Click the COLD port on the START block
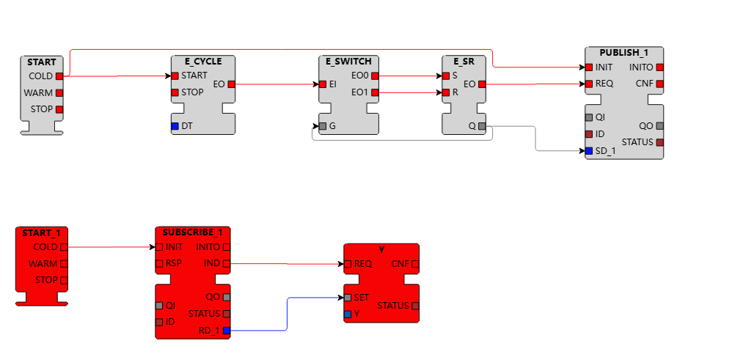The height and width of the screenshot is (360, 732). point(59,76)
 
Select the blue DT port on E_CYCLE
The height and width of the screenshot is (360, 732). point(175,126)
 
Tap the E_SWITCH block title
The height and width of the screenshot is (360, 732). point(348,61)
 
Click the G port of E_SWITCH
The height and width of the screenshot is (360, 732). point(323,126)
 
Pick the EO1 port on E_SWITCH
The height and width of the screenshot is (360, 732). point(376,92)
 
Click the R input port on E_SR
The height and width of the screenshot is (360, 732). point(445,92)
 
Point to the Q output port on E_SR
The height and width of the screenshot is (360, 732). point(481,126)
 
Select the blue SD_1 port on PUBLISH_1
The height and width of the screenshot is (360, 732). point(589,151)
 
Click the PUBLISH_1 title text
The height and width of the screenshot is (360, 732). point(623,53)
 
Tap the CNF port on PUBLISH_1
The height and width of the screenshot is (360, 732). point(659,84)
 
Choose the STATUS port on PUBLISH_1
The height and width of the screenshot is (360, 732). point(659,142)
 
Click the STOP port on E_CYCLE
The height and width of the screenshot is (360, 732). point(175,92)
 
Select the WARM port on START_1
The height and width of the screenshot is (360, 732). point(63,263)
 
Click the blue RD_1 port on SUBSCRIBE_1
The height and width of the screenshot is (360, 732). point(226,331)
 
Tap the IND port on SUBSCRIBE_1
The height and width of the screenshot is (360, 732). point(226,263)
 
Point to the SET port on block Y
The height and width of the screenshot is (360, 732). point(348,298)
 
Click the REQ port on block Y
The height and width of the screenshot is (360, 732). point(348,263)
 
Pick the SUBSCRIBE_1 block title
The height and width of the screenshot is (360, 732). point(192,232)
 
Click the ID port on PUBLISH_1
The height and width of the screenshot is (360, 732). point(589,134)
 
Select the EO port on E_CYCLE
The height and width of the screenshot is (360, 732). point(231,84)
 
